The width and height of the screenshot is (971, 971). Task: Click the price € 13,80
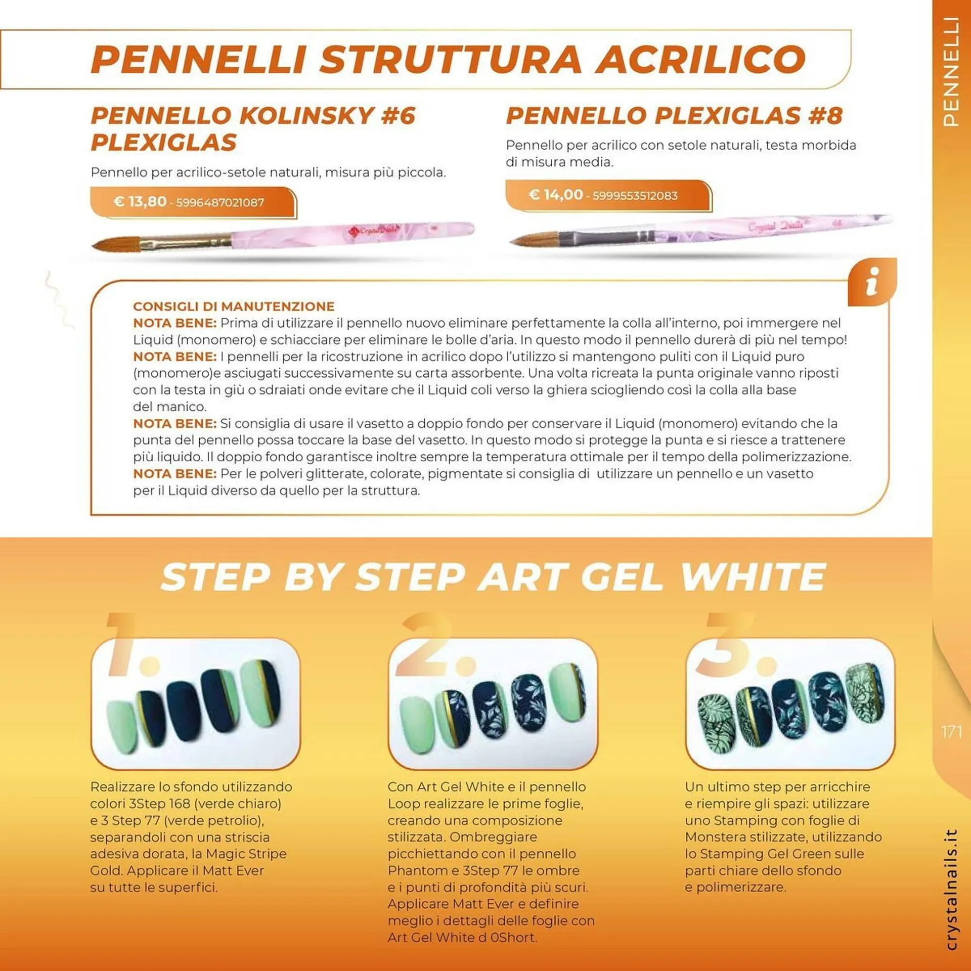140,202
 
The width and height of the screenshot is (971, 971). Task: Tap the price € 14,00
555,195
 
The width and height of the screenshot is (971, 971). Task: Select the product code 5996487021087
220,203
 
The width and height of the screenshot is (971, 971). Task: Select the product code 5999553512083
635,196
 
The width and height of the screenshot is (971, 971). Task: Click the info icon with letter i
872,282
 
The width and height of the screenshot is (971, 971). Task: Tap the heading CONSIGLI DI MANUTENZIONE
234,306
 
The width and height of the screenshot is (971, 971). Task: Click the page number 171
951,732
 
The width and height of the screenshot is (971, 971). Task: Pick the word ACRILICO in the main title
700,60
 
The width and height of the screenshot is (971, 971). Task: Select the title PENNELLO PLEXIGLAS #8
674,116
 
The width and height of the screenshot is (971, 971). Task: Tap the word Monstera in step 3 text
716,837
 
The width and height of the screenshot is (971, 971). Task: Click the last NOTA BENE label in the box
174,474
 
